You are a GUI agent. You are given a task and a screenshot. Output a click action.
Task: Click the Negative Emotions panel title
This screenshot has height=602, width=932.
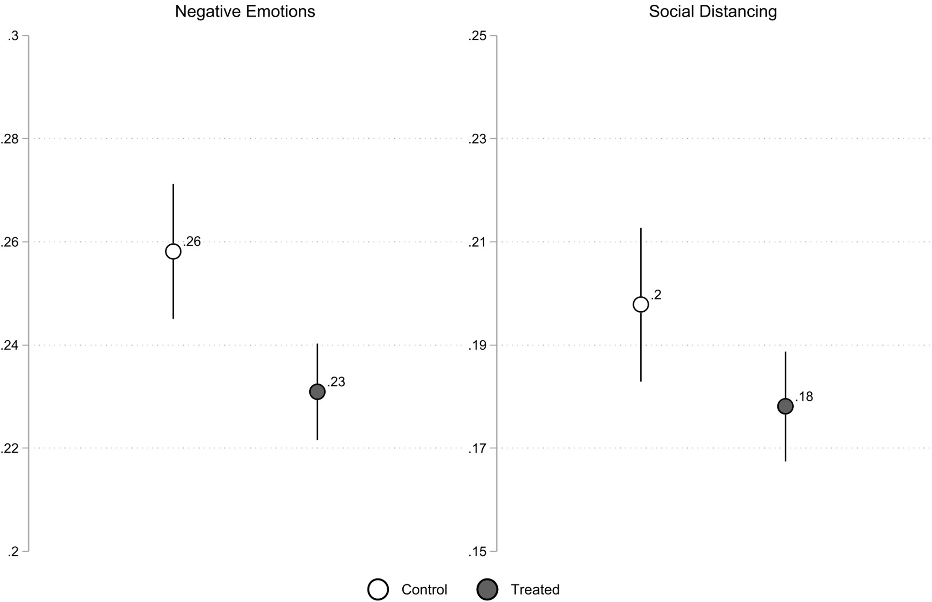245,12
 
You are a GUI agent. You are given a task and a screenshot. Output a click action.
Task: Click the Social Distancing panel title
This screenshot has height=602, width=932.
712,12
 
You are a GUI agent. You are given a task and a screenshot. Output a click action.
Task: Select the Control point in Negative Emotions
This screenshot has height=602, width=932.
173,251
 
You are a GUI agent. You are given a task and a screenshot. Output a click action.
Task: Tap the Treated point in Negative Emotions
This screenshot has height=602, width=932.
317,392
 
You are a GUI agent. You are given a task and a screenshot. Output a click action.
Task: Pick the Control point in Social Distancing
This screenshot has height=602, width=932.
641,304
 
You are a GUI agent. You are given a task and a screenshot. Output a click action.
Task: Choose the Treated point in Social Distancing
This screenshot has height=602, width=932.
785,406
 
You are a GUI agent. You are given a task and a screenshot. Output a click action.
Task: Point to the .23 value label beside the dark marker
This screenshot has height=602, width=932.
336,382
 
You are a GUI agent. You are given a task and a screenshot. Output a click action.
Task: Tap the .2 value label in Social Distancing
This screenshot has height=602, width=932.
656,295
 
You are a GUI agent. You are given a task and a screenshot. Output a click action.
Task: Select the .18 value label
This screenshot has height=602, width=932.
804,397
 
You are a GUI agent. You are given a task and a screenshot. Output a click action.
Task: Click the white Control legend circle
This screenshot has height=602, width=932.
378,589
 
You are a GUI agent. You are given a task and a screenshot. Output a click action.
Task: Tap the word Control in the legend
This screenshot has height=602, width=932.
424,589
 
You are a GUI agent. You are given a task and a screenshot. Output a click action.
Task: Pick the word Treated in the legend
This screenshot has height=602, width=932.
535,589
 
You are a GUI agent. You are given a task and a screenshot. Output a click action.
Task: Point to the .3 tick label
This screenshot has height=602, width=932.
13,36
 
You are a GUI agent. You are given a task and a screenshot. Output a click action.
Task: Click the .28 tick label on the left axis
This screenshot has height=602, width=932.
10,139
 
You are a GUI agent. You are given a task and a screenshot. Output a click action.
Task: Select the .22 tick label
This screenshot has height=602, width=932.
10,448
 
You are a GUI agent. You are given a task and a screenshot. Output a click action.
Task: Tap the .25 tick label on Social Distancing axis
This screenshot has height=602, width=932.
477,36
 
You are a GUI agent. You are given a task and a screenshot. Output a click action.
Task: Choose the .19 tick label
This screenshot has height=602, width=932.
477,345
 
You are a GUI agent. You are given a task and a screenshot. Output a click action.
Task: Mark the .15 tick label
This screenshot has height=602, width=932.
477,552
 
